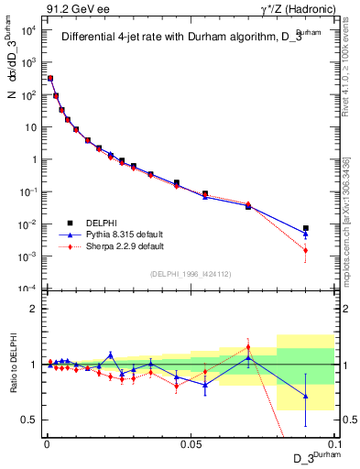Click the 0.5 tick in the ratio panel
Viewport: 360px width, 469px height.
29,420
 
